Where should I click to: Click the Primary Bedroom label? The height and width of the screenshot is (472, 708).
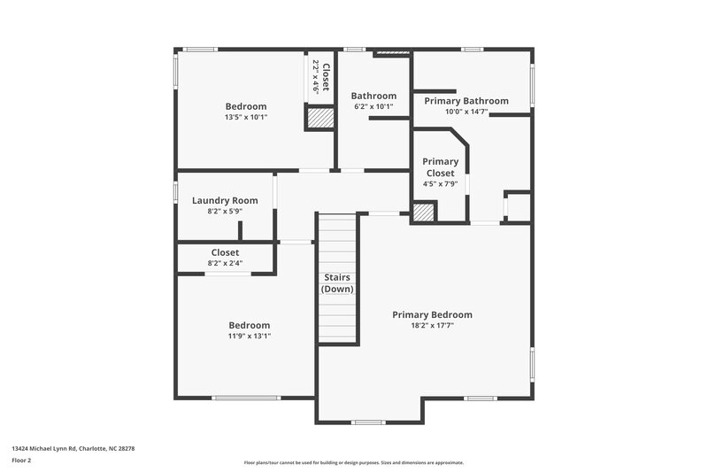[432, 314]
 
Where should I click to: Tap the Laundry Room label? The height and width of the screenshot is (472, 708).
[225, 200]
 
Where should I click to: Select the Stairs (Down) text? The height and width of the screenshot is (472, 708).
[336, 283]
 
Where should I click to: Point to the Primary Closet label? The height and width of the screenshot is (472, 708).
[440, 166]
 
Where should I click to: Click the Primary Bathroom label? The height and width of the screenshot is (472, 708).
[466, 101]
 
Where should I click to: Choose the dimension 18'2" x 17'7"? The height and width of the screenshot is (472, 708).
[432, 326]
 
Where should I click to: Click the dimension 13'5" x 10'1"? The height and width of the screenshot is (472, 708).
[245, 117]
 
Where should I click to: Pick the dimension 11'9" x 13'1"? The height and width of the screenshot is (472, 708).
[249, 337]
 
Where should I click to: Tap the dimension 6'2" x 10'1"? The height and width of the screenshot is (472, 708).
[373, 106]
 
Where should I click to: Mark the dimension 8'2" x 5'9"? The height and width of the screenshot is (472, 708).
[225, 212]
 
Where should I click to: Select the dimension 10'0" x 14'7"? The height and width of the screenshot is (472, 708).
[466, 112]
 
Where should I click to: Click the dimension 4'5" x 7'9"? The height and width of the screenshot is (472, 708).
[440, 184]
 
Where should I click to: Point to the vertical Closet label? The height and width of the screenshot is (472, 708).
[325, 78]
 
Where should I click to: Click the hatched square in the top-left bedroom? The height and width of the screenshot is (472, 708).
[319, 118]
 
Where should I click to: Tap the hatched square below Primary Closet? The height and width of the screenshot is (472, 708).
[424, 213]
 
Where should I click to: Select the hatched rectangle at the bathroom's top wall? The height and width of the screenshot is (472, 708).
[392, 53]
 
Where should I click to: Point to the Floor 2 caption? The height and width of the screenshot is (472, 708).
[21, 460]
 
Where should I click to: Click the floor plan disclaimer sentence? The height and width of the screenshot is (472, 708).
[353, 462]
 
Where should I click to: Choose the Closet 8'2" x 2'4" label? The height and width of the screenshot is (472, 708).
[225, 252]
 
